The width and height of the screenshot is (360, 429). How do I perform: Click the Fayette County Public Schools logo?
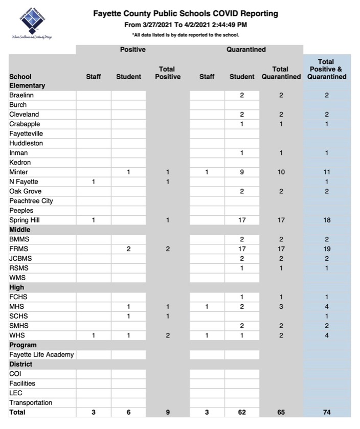[32, 21]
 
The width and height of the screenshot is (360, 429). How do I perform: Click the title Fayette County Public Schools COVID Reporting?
[186, 14]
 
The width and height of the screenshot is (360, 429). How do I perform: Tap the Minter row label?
[19, 172]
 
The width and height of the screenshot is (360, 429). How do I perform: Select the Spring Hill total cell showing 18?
[326, 220]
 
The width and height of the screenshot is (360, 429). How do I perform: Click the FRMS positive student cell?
[128, 249]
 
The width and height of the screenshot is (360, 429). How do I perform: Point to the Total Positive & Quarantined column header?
[326, 70]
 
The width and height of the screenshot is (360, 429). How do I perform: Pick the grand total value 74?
[326, 412]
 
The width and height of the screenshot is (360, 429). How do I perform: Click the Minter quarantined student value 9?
[242, 172]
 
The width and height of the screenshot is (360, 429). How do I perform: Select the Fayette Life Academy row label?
[41, 354]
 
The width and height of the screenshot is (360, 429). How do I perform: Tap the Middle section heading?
[20, 230]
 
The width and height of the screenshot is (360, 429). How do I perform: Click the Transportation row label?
[31, 402]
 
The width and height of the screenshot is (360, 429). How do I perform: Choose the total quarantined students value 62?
[242, 412]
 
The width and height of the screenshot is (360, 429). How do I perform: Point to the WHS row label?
[17, 335]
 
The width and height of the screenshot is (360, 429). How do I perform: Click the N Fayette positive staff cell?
[94, 182]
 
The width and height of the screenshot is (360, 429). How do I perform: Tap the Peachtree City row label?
[31, 201]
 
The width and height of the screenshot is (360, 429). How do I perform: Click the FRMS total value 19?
[326, 249]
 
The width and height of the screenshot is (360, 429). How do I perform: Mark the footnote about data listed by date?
[186, 35]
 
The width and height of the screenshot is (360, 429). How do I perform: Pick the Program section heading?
[23, 345]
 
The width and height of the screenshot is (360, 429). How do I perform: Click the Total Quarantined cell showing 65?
[281, 412]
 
